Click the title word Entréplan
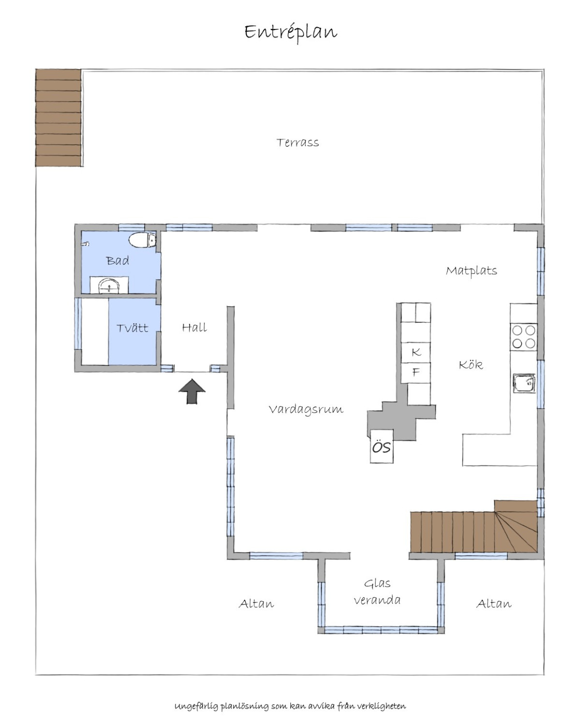290,33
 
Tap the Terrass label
297,143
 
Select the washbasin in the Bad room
109,285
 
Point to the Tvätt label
132,328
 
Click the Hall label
194,327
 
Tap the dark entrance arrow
191,391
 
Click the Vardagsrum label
306,410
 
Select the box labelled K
416,352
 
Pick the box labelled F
416,372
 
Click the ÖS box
381,446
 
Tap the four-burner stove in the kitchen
523,337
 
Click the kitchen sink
524,383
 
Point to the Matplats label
471,271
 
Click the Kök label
471,365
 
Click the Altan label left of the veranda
256,604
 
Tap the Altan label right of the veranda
493,604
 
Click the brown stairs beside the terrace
58,117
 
